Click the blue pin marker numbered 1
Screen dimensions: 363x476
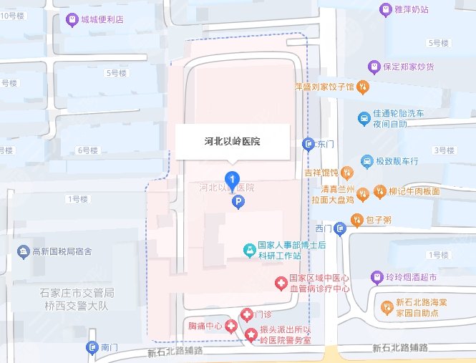pyautogui.click(x=232, y=180)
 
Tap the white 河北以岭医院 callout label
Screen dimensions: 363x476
pyautogui.click(x=233, y=142)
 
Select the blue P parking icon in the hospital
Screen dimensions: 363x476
pyautogui.click(x=238, y=203)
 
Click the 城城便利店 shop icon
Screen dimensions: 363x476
pyautogui.click(x=72, y=20)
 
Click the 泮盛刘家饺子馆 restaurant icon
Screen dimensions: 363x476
pyautogui.click(x=363, y=87)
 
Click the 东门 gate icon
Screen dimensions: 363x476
pyautogui.click(x=309, y=144)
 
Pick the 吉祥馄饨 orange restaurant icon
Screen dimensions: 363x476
pyautogui.click(x=346, y=173)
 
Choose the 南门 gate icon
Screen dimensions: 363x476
pyautogui.click(x=92, y=347)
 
